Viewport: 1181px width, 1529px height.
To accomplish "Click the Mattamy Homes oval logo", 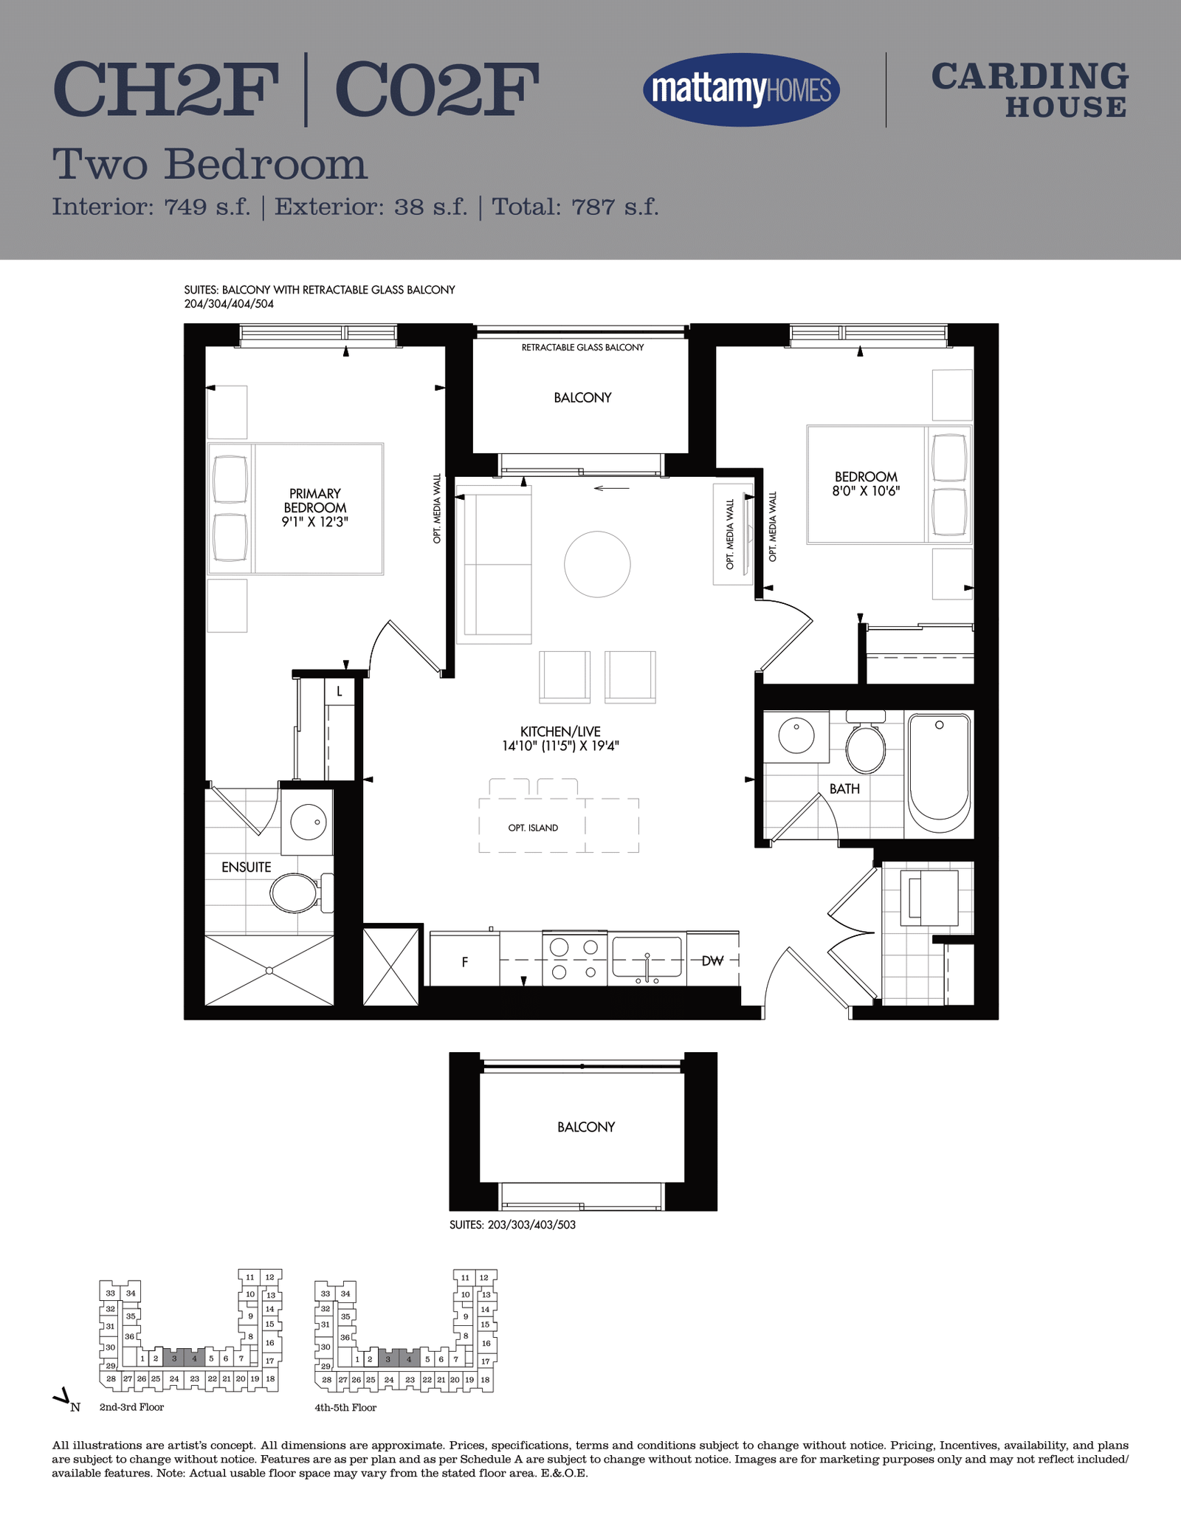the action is coord(741,90).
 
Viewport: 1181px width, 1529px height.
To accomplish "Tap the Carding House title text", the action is coord(1030,90).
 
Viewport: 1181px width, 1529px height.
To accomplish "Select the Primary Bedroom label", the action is coord(315,501).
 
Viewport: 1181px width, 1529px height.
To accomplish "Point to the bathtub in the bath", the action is coord(939,773).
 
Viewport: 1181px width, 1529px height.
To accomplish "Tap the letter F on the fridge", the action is coord(465,962).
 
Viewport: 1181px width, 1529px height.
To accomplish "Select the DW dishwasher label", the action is coord(712,961).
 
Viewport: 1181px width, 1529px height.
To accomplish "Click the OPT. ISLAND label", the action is coord(533,828).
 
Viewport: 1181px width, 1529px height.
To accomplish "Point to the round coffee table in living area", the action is coord(597,564).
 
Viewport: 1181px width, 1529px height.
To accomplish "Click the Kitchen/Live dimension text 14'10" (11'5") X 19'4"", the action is coord(560,746).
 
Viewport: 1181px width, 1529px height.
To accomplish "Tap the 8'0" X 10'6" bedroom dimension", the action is coord(866,491).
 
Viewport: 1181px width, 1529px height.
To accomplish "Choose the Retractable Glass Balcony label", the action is coord(582,347).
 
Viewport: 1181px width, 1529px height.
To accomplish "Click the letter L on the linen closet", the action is coord(340,692).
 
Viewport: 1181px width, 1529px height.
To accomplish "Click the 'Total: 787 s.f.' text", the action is coord(575,207).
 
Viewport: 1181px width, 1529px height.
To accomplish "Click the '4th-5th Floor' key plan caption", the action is coord(345,1408).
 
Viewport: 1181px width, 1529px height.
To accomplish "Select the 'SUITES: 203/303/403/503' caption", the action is coord(512,1225).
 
